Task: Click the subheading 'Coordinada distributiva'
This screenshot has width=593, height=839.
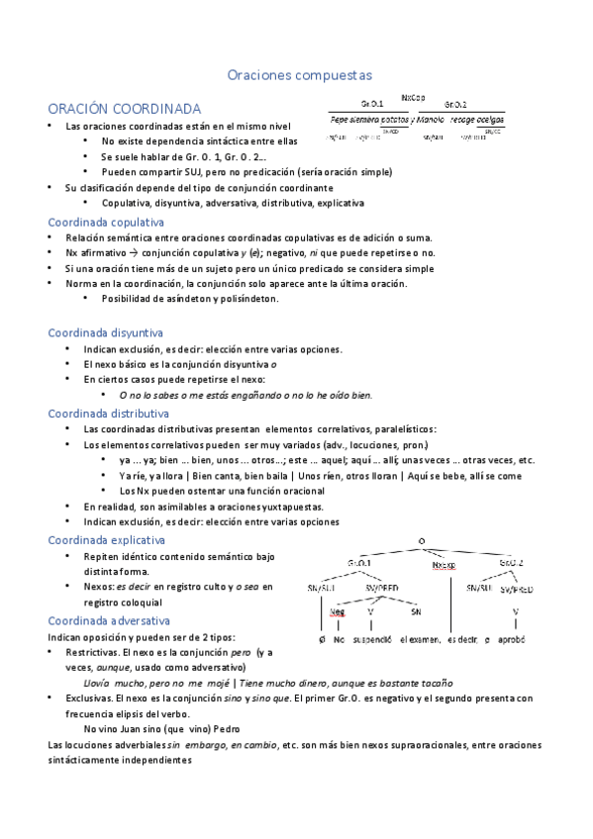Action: pyautogui.click(x=108, y=413)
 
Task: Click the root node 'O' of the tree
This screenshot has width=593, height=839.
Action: pyautogui.click(x=422, y=540)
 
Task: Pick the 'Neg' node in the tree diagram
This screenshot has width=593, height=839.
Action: pyautogui.click(x=338, y=610)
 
